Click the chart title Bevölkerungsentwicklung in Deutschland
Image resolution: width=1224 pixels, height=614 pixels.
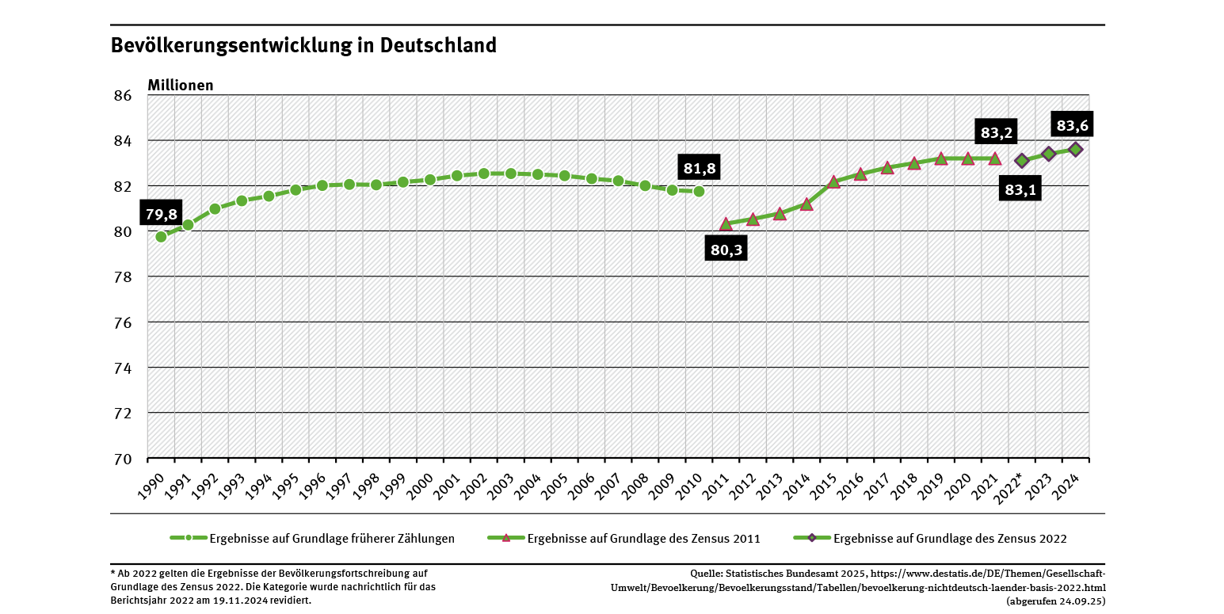tap(303, 45)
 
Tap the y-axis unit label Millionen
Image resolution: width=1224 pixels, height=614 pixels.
tap(181, 85)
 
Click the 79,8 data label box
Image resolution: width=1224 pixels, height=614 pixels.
tap(162, 213)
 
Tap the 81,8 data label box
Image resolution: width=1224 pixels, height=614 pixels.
tap(699, 168)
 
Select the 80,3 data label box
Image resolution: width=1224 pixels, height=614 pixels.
tap(726, 250)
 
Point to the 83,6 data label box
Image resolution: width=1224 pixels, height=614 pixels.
tap(1072, 125)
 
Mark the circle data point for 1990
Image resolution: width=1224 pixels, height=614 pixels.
tap(162, 236)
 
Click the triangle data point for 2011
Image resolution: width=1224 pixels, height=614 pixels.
tap(726, 224)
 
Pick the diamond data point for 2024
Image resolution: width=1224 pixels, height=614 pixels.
tap(1075, 149)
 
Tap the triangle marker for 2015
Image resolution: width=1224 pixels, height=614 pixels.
tap(833, 181)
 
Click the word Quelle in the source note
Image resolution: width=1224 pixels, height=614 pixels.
tap(706, 574)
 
